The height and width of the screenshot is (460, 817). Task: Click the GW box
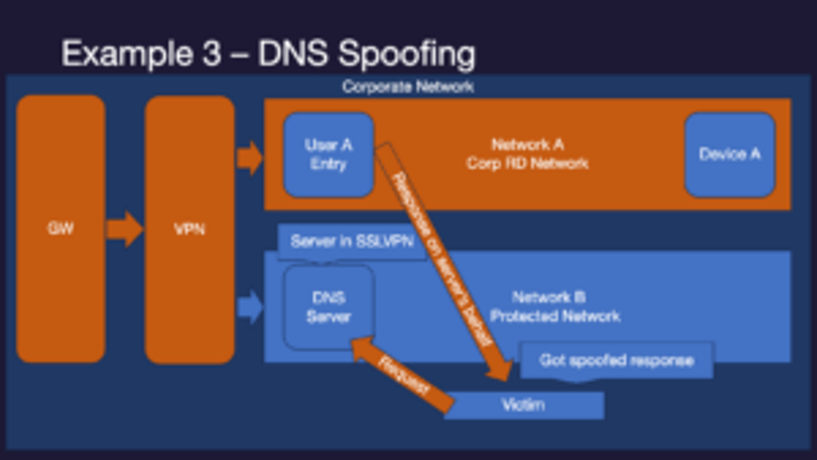click(x=61, y=229)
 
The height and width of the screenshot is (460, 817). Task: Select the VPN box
click(x=189, y=230)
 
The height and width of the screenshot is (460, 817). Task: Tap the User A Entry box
click(x=329, y=155)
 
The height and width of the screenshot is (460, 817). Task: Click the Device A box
click(x=729, y=154)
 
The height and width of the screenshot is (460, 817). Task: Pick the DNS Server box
click(x=329, y=307)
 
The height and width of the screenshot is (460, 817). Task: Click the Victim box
click(x=524, y=405)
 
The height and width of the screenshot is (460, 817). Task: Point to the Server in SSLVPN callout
click(x=352, y=241)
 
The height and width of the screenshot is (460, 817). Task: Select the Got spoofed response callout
click(x=617, y=361)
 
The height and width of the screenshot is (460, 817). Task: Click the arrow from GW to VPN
click(x=124, y=229)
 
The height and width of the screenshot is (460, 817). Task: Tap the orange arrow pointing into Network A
click(x=250, y=158)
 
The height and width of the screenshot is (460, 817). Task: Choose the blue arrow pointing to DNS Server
click(x=250, y=307)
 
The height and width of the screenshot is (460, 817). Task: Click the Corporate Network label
click(x=408, y=87)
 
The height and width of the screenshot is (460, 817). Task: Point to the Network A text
click(x=528, y=145)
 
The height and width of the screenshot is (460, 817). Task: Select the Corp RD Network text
click(x=528, y=163)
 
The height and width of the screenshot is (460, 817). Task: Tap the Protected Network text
click(x=555, y=316)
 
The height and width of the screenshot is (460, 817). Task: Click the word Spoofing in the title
click(x=406, y=54)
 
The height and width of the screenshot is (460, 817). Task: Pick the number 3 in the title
click(x=211, y=54)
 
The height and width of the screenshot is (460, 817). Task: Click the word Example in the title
click(x=126, y=54)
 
